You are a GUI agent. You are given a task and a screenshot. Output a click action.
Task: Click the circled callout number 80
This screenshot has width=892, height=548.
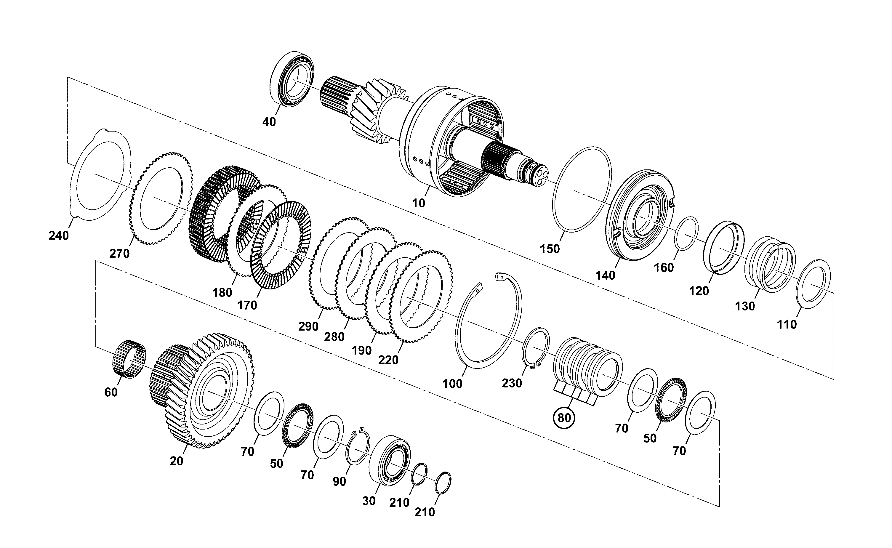(x=564, y=418)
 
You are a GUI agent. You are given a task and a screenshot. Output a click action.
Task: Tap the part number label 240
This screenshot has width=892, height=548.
(x=59, y=235)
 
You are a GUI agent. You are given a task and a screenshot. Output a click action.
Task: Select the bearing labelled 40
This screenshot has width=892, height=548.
(x=292, y=79)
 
